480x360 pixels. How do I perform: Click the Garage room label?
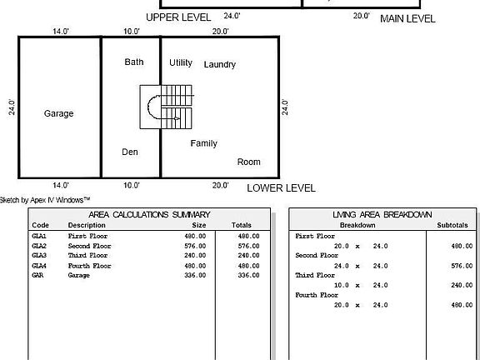[x=58, y=113]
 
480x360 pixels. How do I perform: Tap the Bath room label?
[x=134, y=62]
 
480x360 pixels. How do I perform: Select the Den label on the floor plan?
[x=130, y=152]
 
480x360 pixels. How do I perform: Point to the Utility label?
[x=181, y=62]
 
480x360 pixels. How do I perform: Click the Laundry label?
[x=219, y=64]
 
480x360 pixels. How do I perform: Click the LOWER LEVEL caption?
[x=281, y=188]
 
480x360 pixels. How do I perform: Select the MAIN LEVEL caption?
[x=407, y=17]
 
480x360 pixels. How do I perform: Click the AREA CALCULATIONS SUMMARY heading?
[x=149, y=215]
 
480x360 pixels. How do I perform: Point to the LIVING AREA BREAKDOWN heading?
[x=382, y=215]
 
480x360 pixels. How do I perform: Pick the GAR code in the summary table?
[x=37, y=275]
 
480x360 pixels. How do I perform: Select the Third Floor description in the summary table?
[x=88, y=255]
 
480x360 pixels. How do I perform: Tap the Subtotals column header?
[x=452, y=225]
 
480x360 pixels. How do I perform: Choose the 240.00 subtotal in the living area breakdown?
[x=462, y=284]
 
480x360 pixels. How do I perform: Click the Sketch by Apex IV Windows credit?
[x=45, y=199]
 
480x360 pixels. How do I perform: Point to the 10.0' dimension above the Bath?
[x=132, y=31]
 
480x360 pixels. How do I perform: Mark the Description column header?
[x=87, y=225]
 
